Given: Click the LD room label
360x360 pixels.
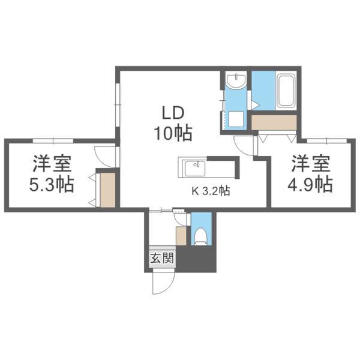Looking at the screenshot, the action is point(173,113).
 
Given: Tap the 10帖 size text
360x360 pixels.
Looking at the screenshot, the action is point(173,133).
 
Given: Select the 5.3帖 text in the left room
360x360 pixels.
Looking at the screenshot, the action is point(52,184).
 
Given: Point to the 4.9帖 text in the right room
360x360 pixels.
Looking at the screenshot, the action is point(310,184).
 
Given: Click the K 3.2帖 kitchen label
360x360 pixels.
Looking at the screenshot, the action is point(211,191).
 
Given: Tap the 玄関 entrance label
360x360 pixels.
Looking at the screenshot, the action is point(163,259).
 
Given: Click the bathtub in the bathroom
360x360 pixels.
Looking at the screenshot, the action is point(286,91).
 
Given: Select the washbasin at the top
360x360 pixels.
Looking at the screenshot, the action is point(236,81).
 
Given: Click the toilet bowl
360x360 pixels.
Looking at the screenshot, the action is point(201,236).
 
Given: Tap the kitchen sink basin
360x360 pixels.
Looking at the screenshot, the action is point(195,169).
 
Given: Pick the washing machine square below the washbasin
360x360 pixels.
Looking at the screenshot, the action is point(236,119).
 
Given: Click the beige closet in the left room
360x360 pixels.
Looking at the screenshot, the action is point(107,190).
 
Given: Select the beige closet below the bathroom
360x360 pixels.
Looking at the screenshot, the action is point(274,123).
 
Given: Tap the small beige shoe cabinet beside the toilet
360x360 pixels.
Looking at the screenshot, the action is point(181,236).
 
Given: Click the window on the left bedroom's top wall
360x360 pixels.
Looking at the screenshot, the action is point(53,140).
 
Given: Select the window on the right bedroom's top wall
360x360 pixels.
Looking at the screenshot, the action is point(327,140).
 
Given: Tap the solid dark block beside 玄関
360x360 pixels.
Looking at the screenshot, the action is point(196,259).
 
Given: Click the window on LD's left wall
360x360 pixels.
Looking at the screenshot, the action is point(118,104).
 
